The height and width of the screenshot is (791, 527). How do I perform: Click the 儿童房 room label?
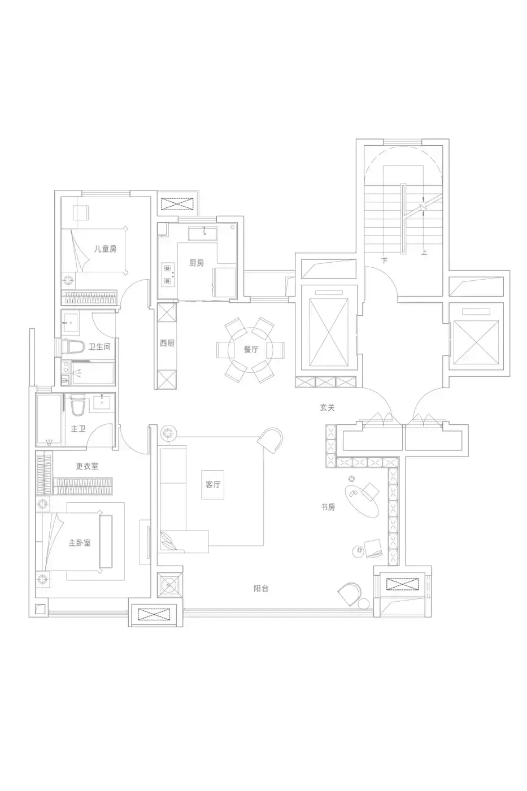point(105,249)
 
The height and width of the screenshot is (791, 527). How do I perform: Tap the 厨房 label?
point(196,263)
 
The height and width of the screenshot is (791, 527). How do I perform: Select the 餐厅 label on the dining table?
point(251,349)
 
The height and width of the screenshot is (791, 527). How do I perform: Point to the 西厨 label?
point(167,343)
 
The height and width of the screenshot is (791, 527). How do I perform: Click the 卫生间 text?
point(99,347)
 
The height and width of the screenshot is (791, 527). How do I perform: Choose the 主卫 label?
point(78,429)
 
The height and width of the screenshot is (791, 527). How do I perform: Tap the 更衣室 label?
point(87,466)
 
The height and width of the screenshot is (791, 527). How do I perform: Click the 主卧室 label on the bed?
point(80,542)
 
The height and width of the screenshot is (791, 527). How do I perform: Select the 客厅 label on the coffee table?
point(213,485)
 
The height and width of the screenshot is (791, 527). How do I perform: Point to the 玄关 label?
point(327,407)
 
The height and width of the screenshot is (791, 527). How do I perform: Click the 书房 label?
point(328,507)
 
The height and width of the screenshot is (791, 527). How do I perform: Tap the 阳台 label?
point(261,588)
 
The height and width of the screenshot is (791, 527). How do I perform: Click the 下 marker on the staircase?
point(385,260)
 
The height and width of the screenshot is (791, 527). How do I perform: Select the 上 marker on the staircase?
point(424,252)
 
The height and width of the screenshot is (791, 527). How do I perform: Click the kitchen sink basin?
point(203,234)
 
